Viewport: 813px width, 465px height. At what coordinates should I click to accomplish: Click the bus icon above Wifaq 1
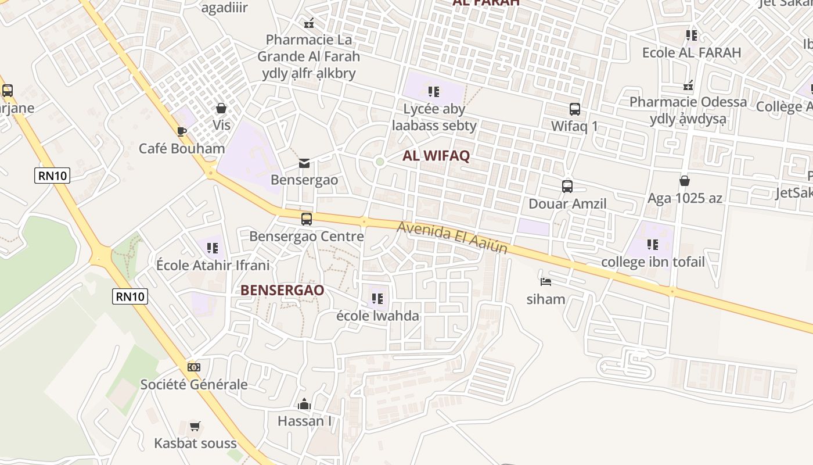click(574, 109)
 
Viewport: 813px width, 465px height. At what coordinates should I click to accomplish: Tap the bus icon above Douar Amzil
click(567, 187)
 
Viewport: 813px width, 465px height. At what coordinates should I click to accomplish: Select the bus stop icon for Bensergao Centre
click(306, 219)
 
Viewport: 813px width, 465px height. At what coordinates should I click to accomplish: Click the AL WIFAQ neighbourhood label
click(436, 156)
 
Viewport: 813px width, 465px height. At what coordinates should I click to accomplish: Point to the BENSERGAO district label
click(282, 290)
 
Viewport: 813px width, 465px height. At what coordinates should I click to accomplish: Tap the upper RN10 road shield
click(52, 175)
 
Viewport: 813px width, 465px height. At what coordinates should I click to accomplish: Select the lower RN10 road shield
click(130, 296)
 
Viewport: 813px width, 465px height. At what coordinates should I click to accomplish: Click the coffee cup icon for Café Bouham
click(181, 131)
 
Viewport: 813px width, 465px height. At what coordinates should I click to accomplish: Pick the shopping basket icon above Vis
click(221, 108)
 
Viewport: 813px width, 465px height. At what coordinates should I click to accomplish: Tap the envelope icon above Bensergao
click(304, 163)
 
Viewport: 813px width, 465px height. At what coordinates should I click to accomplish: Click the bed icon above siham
click(545, 282)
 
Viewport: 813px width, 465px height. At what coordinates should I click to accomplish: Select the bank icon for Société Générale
click(194, 367)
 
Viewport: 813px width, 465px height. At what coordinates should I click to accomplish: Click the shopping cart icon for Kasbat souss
click(195, 426)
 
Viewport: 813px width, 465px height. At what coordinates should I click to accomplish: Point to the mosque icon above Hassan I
click(304, 404)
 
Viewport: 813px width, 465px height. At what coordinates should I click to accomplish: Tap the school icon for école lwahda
click(377, 299)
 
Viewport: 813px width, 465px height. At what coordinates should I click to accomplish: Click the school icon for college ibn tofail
click(653, 245)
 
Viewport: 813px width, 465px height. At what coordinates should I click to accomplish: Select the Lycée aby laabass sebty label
click(434, 117)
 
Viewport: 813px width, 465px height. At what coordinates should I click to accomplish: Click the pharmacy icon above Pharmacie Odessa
click(688, 86)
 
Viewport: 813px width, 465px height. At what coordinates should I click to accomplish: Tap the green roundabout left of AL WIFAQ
click(380, 162)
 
